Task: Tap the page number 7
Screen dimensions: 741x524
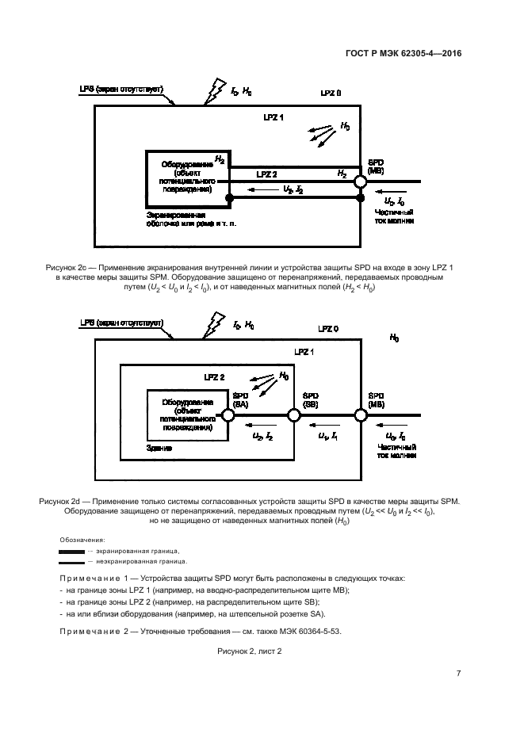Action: coord(459,674)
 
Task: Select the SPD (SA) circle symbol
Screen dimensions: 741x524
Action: coord(228,414)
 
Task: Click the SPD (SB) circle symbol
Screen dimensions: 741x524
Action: coord(294,414)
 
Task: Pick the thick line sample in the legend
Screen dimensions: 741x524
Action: coord(71,551)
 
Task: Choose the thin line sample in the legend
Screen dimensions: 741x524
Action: coord(71,560)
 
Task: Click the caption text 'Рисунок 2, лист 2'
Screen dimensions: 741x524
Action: coord(250,650)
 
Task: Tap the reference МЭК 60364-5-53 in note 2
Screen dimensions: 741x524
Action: coord(309,631)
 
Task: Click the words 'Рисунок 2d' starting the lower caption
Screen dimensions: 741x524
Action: coord(60,502)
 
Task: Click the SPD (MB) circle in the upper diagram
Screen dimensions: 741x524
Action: coord(361,181)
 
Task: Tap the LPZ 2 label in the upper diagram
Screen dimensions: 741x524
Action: coord(266,173)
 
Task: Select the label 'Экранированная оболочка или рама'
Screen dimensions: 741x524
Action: coord(190,220)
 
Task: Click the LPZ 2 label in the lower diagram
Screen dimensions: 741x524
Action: coord(214,377)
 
